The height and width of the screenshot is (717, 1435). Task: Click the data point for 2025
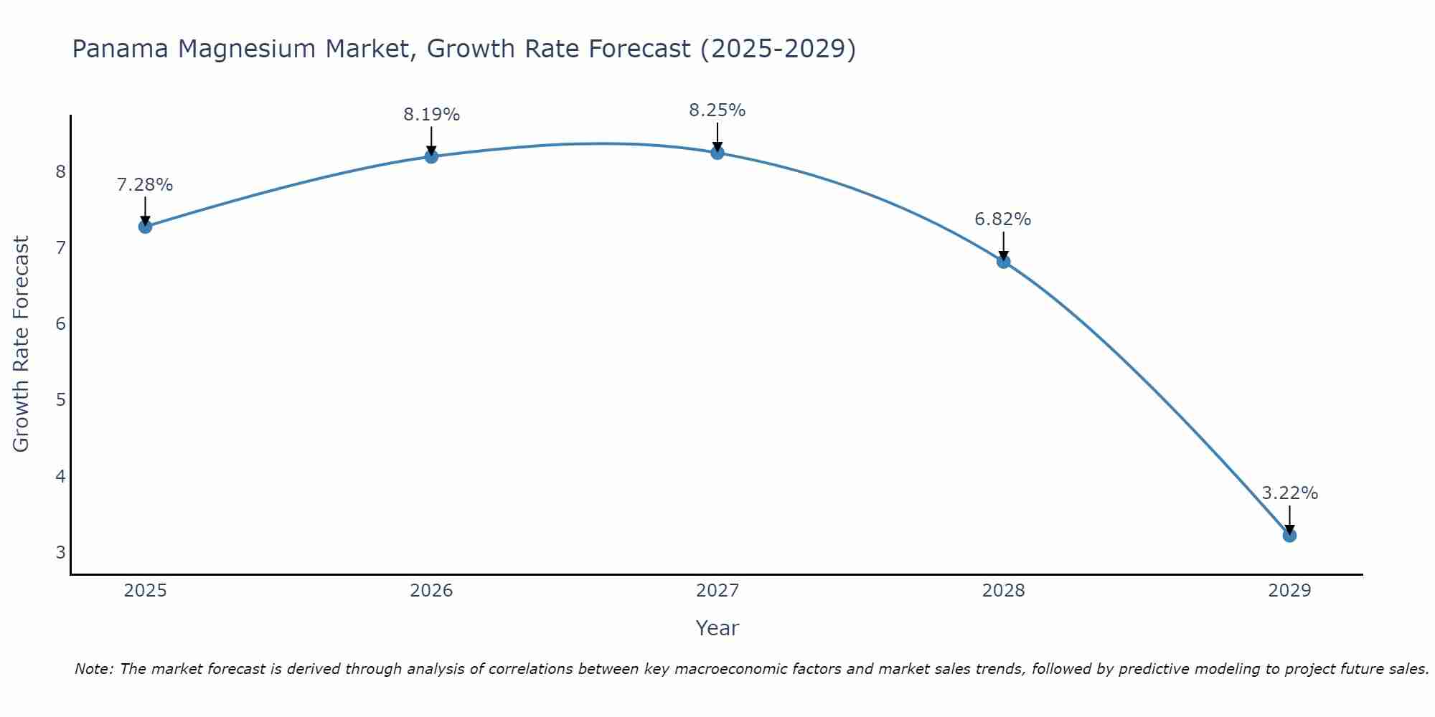pos(145,227)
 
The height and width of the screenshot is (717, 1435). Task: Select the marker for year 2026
pos(431,156)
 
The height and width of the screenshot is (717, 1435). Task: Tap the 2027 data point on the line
pos(717,152)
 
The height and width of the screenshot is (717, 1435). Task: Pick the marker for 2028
pos(1003,261)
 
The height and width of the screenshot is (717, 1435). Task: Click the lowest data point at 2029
pos(1289,535)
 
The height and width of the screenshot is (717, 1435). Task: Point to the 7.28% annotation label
pos(145,185)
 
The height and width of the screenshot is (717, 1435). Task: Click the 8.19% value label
pos(431,115)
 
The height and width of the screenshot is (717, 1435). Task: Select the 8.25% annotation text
pos(717,110)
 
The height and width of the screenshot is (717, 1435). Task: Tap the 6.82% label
pos(1003,219)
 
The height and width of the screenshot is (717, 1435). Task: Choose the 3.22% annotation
pos(1289,493)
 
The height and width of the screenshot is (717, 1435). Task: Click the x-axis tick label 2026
pos(431,591)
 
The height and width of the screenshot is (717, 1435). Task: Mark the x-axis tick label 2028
pos(1003,591)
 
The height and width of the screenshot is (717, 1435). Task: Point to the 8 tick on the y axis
pos(61,171)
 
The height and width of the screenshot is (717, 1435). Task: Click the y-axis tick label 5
pos(61,399)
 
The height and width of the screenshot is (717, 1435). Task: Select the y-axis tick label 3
pos(61,552)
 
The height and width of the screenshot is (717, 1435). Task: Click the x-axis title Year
pos(717,628)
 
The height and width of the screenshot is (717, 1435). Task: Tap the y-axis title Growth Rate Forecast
pos(22,344)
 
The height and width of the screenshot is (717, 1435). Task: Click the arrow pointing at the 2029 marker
pos(1289,519)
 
